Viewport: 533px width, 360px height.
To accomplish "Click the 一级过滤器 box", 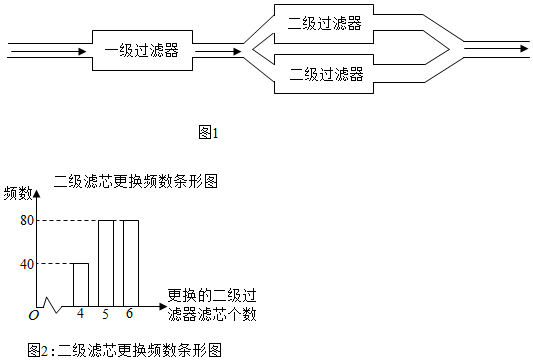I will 140,49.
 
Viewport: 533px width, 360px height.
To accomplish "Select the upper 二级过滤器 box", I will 324,22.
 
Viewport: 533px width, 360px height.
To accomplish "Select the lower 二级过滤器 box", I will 324,74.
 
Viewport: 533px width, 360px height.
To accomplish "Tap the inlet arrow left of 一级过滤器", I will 50,49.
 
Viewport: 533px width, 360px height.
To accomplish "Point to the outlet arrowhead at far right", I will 521,48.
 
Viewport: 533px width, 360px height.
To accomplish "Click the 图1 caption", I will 208,131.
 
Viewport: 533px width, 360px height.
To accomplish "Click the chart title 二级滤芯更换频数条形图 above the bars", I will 135,182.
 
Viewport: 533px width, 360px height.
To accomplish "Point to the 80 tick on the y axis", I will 26,220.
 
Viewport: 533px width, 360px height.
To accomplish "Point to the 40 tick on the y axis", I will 26,264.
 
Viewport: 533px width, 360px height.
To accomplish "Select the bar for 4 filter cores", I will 81,284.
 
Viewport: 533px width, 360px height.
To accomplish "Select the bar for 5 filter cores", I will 105,262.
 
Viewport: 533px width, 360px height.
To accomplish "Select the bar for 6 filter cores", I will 130,262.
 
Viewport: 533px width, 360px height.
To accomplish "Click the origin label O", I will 33,315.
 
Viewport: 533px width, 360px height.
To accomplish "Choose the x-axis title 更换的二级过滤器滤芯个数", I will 212,305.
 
